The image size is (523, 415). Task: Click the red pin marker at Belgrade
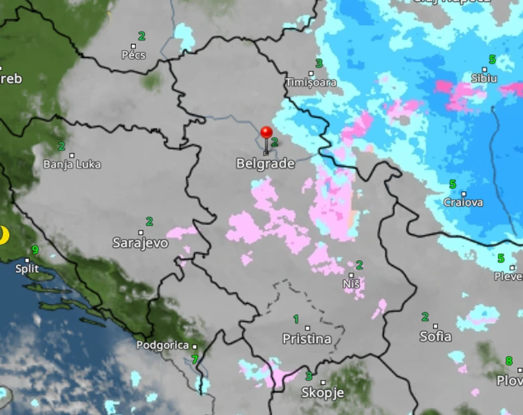click(266, 133)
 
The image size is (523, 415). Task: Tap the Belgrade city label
click(265, 163)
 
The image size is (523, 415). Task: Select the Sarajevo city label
click(140, 243)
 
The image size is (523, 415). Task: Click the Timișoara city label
click(310, 83)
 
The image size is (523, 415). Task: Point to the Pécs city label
click(133, 55)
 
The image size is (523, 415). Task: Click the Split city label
click(28, 269)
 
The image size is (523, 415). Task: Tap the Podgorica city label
click(162, 345)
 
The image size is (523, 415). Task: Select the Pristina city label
click(307, 339)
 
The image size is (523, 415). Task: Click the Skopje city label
click(322, 392)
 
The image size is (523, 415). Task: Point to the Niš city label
click(352, 285)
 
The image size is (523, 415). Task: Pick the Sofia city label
click(436, 336)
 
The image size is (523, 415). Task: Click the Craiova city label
click(463, 203)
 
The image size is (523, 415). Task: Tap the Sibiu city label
click(484, 78)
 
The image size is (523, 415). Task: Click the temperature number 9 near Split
click(34, 250)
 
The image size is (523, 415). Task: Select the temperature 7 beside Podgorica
click(195, 360)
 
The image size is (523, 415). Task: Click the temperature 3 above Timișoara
click(319, 64)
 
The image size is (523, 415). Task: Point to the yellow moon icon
click(3, 235)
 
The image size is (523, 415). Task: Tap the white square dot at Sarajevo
click(141, 232)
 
